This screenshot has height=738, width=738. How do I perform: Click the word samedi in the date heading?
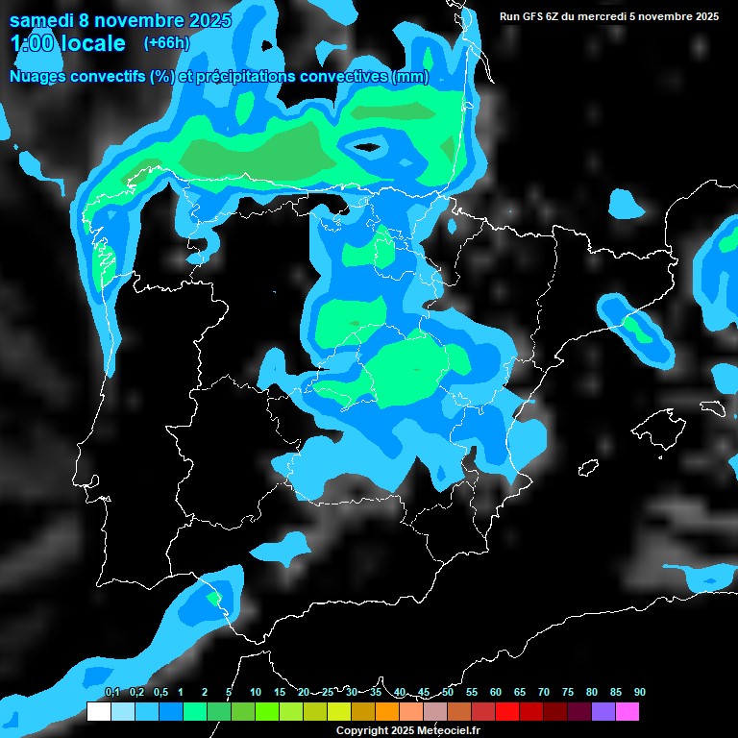tap(42, 20)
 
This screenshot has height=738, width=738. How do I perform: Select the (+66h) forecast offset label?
tap(166, 42)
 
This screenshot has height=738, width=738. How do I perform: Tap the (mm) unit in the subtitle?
tap(409, 77)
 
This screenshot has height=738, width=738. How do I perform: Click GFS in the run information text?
tap(535, 16)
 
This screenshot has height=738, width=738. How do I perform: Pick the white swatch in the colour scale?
tap(98, 712)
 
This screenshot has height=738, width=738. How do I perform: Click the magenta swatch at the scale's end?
tap(627, 712)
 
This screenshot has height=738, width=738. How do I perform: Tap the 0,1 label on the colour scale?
tap(112, 693)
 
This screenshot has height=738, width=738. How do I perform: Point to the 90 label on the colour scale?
tap(640, 693)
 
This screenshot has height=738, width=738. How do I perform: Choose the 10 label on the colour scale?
tap(256, 693)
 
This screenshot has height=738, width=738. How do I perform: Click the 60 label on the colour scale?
tap(496, 693)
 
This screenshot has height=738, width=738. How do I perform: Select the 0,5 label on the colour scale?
tap(160, 693)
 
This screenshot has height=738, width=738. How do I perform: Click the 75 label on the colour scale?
tap(568, 693)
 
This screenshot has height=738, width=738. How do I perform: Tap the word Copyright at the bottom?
tap(362, 731)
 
